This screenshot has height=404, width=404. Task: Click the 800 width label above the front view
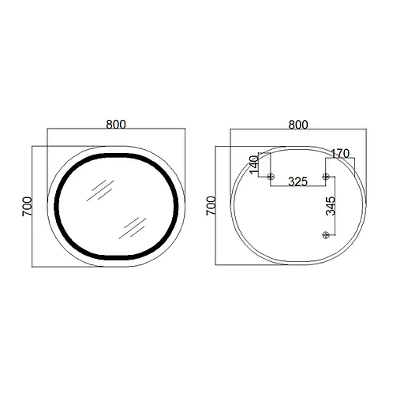click(x=116, y=124)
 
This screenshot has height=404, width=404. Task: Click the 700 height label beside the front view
click(x=26, y=207)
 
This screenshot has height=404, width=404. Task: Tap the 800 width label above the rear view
click(x=297, y=125)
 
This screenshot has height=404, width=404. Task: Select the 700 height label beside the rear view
click(x=211, y=207)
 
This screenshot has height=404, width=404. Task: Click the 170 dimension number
click(x=340, y=153)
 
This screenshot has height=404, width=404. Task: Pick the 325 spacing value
click(x=297, y=181)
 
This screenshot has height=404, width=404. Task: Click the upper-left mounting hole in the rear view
click(x=271, y=175)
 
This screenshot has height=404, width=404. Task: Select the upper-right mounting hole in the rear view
click(x=324, y=175)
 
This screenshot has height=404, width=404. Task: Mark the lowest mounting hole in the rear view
click(x=324, y=234)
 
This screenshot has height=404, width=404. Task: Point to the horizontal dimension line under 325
click(x=297, y=188)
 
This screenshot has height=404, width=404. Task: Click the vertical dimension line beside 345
click(x=338, y=205)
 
